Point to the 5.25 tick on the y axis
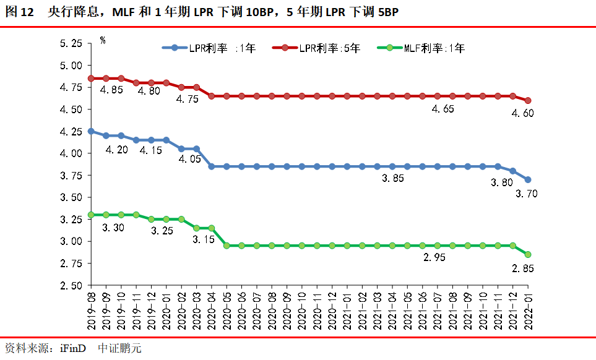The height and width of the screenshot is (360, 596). coord(71,43)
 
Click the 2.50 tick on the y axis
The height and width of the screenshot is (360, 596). coord(71,286)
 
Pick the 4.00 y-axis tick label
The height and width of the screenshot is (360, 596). coord(71,153)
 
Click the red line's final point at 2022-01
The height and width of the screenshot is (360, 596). coord(528,100)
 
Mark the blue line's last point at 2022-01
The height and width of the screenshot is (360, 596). coord(528,179)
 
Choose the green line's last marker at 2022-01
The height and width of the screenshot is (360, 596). coord(528,254)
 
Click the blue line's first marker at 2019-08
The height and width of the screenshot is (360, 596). coord(90,131)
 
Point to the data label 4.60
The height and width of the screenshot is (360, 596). coord(522,114)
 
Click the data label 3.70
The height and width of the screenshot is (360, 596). coord(526,194)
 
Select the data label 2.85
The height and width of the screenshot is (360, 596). coord(522,268)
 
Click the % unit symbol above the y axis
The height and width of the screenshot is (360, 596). coord(103,41)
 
